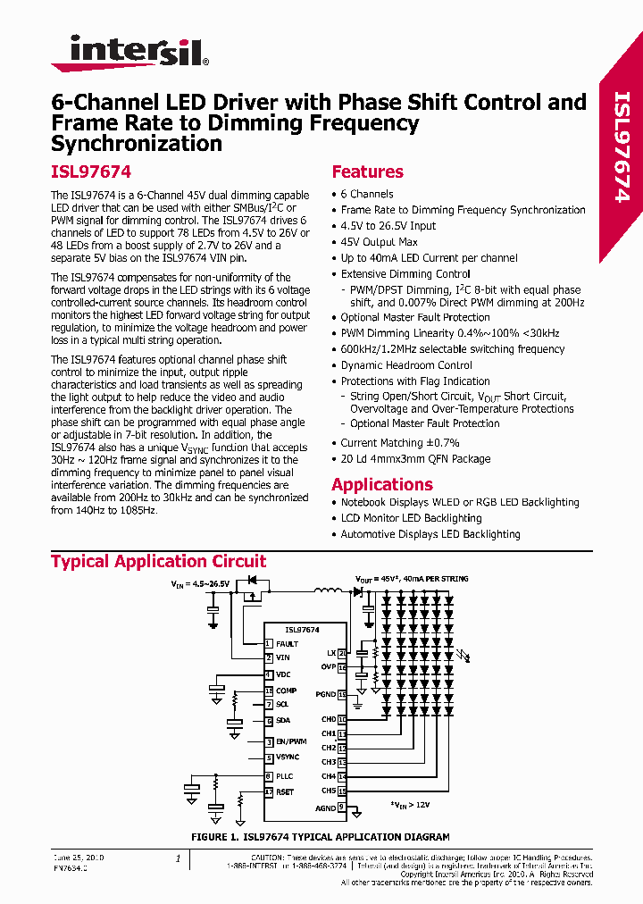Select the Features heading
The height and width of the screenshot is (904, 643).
367,172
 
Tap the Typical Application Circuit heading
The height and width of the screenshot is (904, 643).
158,561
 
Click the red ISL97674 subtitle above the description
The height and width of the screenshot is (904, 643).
91,172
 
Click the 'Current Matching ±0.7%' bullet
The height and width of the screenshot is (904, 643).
400,443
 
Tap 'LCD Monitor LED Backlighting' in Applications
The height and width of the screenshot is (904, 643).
411,518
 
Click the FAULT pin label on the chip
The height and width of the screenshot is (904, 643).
287,643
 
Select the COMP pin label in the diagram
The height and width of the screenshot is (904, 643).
286,691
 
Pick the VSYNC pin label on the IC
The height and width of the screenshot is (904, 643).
288,757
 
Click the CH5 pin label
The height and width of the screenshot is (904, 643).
329,791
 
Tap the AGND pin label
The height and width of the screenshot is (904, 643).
325,808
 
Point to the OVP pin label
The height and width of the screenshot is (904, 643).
328,667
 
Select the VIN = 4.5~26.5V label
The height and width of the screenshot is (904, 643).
201,583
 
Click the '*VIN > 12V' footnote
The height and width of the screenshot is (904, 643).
411,805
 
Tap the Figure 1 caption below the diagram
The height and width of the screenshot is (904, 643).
321,837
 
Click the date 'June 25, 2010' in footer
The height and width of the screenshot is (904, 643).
79,858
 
